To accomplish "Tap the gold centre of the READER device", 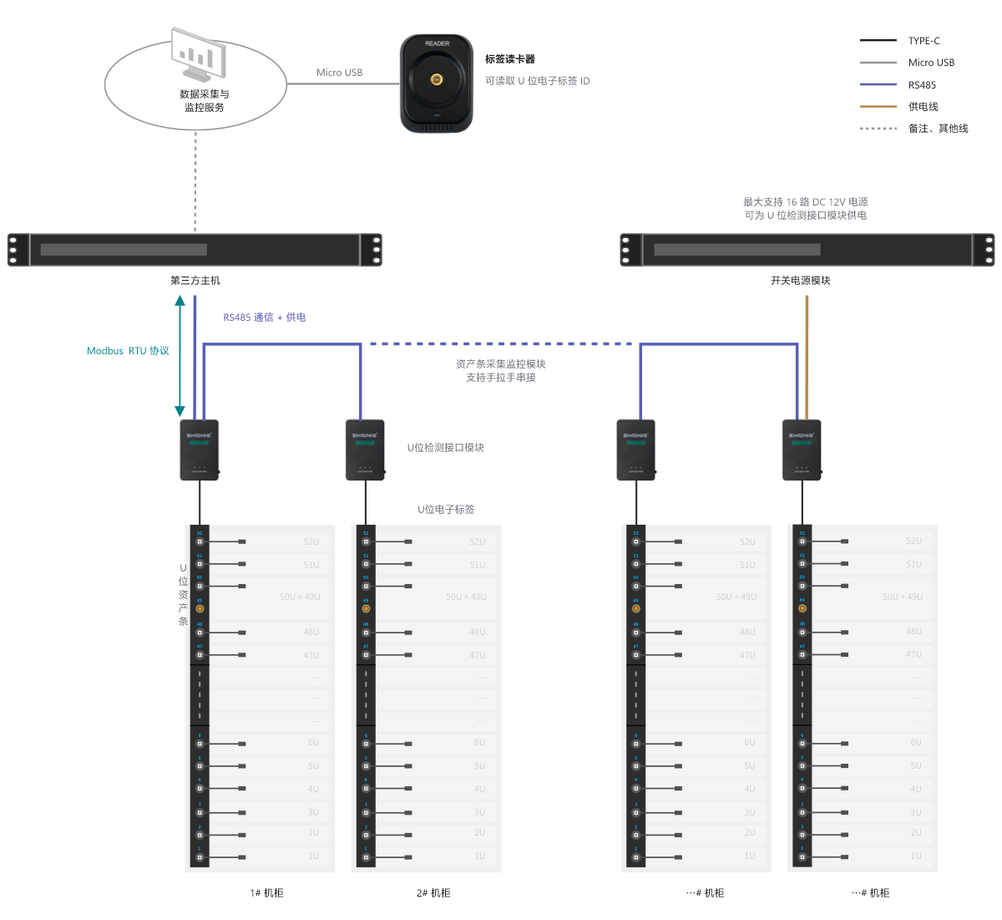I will pos(436,79).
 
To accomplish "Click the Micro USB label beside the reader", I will pos(339,73).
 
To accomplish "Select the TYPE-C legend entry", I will pos(924,40).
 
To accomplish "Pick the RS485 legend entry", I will pos(922,84).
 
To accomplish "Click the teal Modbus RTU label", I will pos(128,351).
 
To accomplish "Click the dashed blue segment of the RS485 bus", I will pos(501,343).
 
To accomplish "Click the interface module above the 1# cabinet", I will pos(199,450).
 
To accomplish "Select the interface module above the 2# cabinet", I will pos(365,450).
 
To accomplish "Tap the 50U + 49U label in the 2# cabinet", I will pos(465,597).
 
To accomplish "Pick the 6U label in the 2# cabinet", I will pos(479,742).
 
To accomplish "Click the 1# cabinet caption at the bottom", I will pos(266,892).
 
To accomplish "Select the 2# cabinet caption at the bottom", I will pos(433,892).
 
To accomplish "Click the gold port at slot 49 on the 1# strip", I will pos(200,608).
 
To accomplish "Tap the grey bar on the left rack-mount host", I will pos(124,250).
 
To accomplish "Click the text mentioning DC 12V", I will pos(805,201).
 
